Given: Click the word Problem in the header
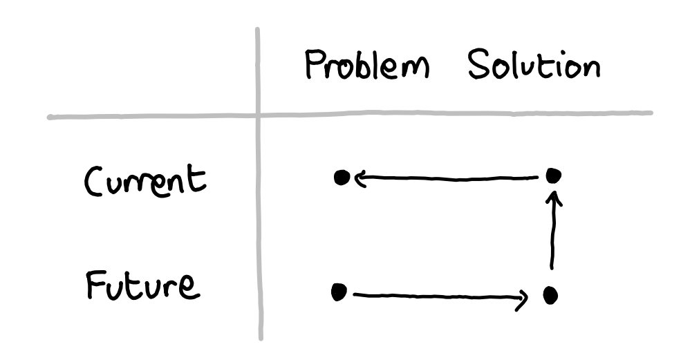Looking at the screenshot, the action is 366,68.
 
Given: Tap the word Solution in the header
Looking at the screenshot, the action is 533,66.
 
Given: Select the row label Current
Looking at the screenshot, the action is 144,181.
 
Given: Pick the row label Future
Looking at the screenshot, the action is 142,285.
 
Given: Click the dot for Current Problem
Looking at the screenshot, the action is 340,178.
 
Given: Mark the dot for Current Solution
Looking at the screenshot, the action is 552,176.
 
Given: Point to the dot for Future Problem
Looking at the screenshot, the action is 338,293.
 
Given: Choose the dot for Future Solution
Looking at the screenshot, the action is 550,296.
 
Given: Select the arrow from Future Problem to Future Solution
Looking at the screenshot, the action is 439,297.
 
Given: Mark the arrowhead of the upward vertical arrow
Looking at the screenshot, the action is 553,198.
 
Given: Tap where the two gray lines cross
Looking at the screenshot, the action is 259,115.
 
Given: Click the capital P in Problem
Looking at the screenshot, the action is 315,68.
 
